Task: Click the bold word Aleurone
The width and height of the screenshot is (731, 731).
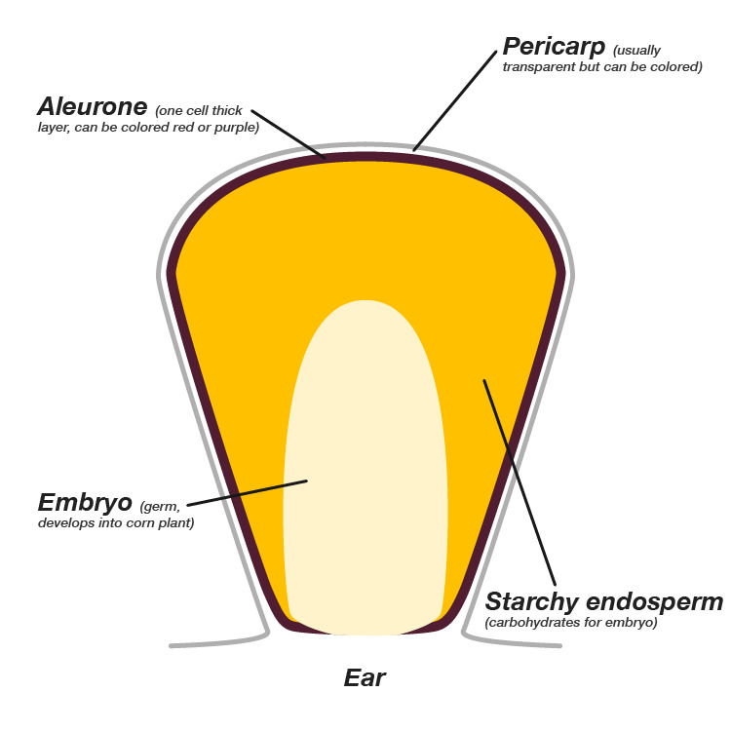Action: click(x=92, y=106)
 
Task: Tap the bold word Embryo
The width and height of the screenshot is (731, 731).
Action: click(x=85, y=503)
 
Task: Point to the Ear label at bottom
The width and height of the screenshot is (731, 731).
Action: click(x=365, y=677)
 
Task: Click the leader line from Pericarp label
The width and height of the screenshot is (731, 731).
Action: click(x=458, y=97)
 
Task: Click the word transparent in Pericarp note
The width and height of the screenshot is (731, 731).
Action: click(x=535, y=67)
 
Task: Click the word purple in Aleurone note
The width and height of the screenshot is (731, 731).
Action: click(x=241, y=128)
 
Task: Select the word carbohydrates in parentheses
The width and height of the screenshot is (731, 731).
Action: click(x=532, y=622)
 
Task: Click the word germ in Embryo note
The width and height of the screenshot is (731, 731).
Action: click(x=163, y=507)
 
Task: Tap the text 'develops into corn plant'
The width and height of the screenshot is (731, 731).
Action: click(x=116, y=523)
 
